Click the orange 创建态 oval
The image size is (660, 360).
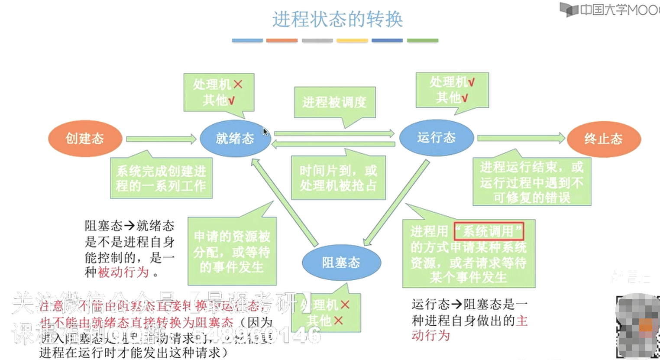(x=85, y=139)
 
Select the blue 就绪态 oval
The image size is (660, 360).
(x=235, y=139)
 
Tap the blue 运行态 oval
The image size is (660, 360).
(x=436, y=138)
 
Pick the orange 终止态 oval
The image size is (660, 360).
(x=603, y=139)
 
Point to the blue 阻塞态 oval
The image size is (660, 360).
(x=341, y=263)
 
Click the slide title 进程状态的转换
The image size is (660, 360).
(x=337, y=19)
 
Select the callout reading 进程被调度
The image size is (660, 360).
(x=334, y=103)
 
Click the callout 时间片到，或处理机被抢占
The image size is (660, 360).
(x=338, y=178)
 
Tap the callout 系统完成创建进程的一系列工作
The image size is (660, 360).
(x=161, y=178)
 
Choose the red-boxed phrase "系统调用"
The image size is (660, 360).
(x=489, y=231)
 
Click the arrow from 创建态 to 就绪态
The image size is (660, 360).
(x=161, y=139)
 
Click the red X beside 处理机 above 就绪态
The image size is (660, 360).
(x=238, y=84)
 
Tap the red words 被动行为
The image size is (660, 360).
(x=123, y=272)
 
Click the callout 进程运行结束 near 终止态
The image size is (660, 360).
(x=531, y=182)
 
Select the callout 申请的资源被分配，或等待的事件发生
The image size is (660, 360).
(x=232, y=252)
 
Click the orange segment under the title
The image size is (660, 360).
(x=281, y=41)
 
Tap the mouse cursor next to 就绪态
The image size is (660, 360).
(x=265, y=132)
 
